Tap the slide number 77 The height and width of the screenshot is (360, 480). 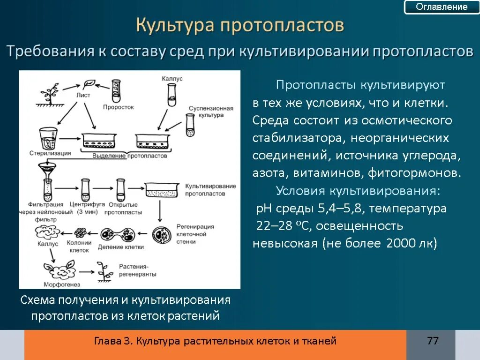tap(433, 341)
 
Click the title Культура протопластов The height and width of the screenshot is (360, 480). tap(240, 25)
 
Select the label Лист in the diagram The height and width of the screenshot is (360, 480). tap(83, 95)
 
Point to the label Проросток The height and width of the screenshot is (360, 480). tap(118, 107)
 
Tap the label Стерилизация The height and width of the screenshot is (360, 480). tap(49, 153)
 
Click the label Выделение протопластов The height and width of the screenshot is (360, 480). tap(130, 155)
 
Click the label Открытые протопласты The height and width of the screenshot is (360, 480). tap(123, 208)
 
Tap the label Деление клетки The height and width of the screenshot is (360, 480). tap(121, 247)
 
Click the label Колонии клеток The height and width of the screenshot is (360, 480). tap(79, 247)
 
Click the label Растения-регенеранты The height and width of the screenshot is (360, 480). tap(137, 270)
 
